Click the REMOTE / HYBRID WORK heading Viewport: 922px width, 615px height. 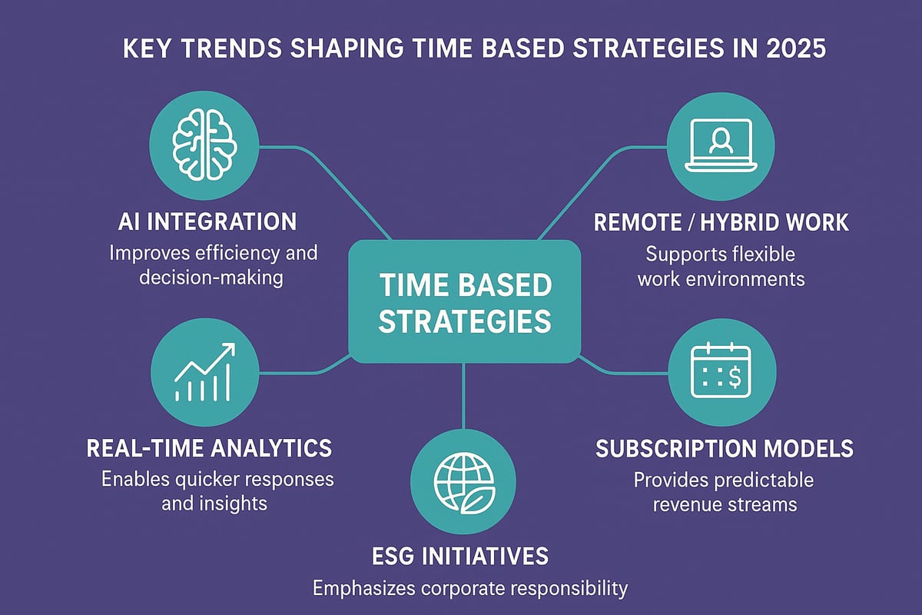(x=721, y=222)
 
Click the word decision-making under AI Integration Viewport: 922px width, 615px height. (x=211, y=277)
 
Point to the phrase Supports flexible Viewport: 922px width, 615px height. (x=721, y=253)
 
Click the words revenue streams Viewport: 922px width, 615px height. (x=725, y=505)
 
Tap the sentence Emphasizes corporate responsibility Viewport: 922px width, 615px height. (x=469, y=589)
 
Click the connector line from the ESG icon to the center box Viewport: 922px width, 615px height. (x=464, y=396)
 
